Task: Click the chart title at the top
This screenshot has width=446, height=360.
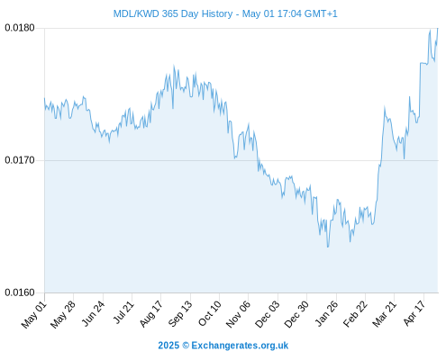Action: (x=225, y=13)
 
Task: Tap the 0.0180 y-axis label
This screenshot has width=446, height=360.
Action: (x=20, y=28)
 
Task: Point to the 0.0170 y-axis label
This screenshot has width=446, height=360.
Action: (x=20, y=160)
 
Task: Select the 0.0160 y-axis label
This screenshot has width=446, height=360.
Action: (x=20, y=292)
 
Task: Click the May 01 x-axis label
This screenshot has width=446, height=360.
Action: (x=34, y=314)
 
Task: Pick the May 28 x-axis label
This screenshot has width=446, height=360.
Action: (x=63, y=314)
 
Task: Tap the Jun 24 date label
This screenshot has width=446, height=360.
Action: (x=93, y=314)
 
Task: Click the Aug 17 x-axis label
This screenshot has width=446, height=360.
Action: (x=151, y=314)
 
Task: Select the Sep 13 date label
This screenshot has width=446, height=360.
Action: (x=180, y=314)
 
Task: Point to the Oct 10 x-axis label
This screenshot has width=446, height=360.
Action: (x=210, y=313)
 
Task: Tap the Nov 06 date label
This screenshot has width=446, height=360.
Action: (x=238, y=314)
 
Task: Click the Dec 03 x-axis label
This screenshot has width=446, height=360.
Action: (x=268, y=314)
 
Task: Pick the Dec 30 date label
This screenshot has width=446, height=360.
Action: (x=296, y=314)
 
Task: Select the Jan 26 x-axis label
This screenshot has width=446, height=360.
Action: (x=326, y=313)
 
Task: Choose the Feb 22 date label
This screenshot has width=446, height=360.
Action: (x=355, y=314)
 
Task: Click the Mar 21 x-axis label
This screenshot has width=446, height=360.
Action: (x=385, y=313)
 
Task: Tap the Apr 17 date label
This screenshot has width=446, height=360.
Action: (x=414, y=313)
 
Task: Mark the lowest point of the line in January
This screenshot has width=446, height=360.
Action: (x=328, y=247)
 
